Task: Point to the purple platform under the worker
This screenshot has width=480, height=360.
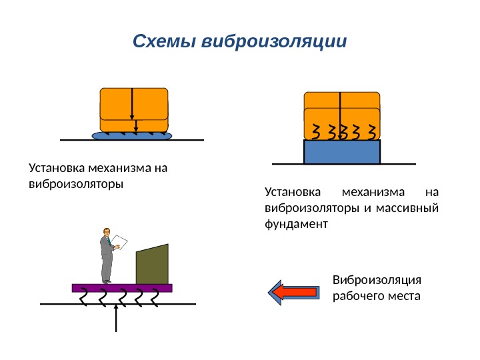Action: click(122, 288)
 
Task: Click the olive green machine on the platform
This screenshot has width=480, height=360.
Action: click(152, 265)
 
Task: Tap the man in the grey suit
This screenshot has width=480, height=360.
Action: click(106, 257)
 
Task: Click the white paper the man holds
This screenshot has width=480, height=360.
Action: click(119, 242)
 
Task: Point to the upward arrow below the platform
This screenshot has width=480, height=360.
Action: click(117, 319)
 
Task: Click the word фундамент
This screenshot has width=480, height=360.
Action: click(297, 225)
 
